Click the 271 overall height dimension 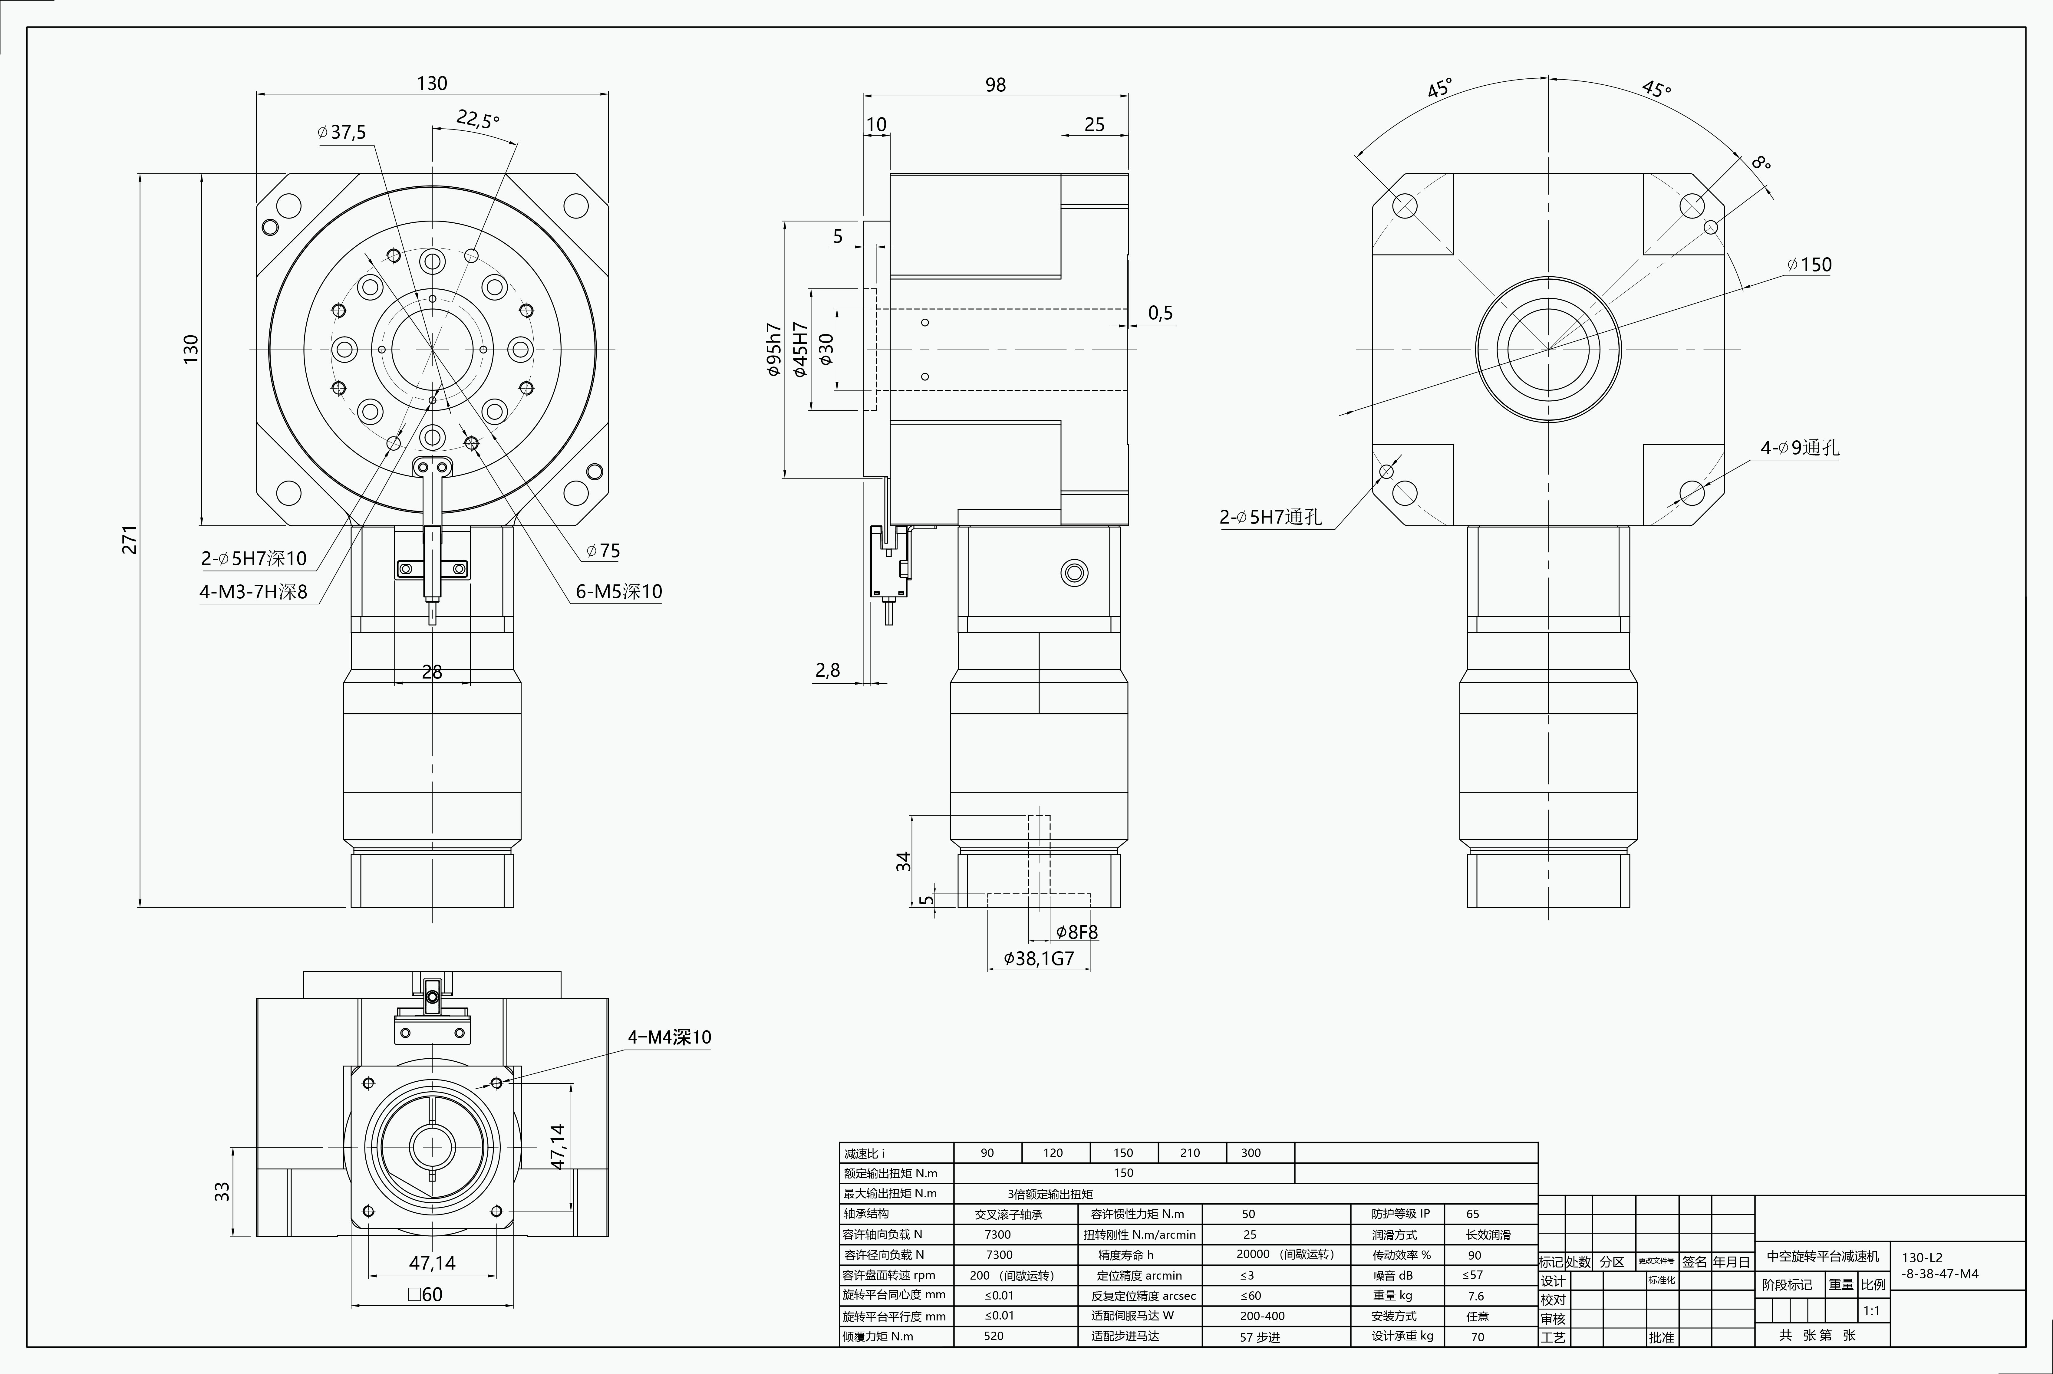(x=130, y=540)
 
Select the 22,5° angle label (x=478, y=119)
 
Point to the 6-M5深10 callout (x=619, y=591)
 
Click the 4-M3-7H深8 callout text (x=253, y=591)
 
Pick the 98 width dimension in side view (x=995, y=85)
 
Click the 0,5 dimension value (x=1160, y=313)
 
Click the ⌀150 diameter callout (x=1809, y=265)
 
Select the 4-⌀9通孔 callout (x=1800, y=448)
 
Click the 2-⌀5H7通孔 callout (x=1270, y=517)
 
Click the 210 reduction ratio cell (x=1190, y=1153)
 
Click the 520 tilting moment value (x=994, y=1336)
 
